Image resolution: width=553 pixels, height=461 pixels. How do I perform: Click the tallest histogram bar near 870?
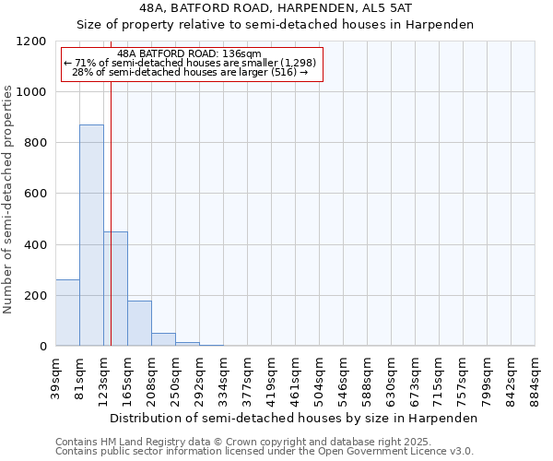pyautogui.click(x=91, y=235)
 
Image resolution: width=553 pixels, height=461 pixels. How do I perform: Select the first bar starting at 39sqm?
pyautogui.click(x=67, y=313)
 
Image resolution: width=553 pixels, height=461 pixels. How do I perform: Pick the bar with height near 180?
pyautogui.click(x=139, y=323)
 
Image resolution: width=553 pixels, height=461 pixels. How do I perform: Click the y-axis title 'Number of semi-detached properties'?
pyautogui.click(x=8, y=195)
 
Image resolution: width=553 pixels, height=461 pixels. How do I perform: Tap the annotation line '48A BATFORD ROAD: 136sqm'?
pyautogui.click(x=191, y=53)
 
